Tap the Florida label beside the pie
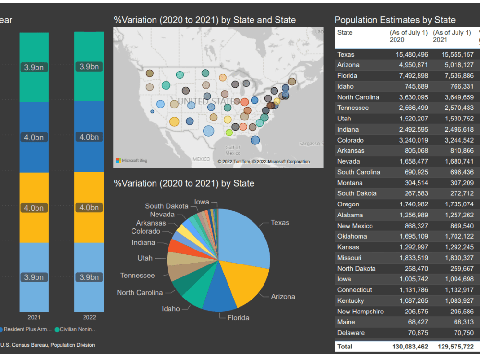[x=238, y=317]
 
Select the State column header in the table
[x=345, y=33]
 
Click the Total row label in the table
[x=345, y=346]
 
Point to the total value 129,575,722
[x=456, y=346]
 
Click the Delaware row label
[x=351, y=333]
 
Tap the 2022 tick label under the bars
[x=89, y=317]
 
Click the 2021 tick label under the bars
[x=34, y=317]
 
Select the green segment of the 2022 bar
[x=89, y=67]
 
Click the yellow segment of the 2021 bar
[x=34, y=207]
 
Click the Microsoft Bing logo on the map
[x=132, y=160]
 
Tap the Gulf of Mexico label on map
[x=233, y=150]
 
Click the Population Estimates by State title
[x=395, y=20]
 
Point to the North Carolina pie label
[x=140, y=292]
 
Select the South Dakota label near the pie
[x=167, y=206]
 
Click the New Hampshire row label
[x=360, y=312]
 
